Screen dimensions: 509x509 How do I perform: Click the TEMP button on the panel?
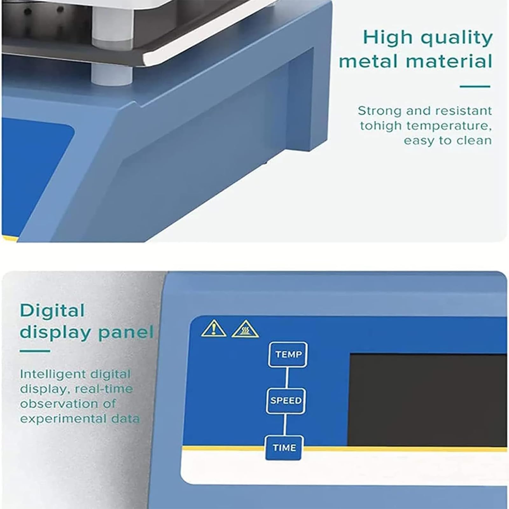(x=288, y=355)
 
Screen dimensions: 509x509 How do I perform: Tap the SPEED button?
(x=286, y=401)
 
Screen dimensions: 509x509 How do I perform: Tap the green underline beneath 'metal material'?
(x=475, y=86)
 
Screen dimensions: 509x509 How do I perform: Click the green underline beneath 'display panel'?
(x=35, y=351)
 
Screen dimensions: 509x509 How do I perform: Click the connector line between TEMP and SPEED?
(x=287, y=378)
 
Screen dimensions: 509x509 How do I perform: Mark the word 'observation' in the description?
(x=68, y=404)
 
